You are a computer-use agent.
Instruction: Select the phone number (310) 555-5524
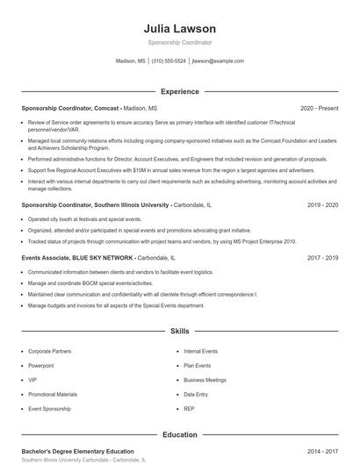tap(169, 61)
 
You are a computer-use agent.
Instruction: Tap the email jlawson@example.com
tap(218, 61)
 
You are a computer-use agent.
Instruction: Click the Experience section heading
tap(179, 91)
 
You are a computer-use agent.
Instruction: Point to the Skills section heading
tap(179, 332)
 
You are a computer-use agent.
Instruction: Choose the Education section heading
tap(179, 433)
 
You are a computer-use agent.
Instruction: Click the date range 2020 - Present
tap(319, 108)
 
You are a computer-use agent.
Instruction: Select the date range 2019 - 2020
tap(322, 204)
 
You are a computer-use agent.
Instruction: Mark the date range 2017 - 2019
tap(322, 259)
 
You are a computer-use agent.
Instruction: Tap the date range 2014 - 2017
tap(322, 451)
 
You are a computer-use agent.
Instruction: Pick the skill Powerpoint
tap(41, 366)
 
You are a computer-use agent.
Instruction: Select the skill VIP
tap(32, 380)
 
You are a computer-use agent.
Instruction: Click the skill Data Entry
tap(196, 395)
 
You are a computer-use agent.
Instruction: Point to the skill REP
tap(189, 409)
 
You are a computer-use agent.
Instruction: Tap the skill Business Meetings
tap(205, 380)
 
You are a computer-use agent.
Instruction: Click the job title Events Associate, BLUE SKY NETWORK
tap(77, 259)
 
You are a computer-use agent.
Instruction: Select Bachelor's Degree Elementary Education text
tap(77, 451)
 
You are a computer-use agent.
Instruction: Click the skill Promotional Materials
tap(53, 395)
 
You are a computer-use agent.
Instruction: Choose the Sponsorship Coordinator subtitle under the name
tap(179, 42)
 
